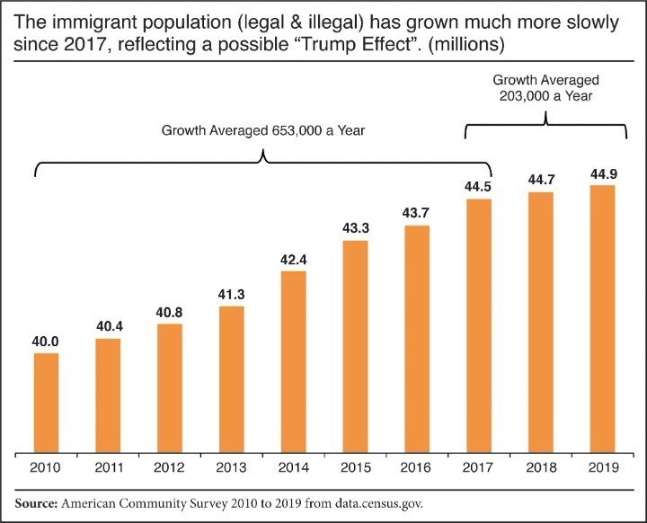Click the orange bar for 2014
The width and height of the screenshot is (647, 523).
[294, 360]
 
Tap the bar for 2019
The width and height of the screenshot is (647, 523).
[603, 318]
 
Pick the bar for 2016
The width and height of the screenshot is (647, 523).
[417, 338]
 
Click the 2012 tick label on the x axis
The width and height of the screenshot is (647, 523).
[170, 468]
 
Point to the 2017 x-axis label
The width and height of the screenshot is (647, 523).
[479, 468]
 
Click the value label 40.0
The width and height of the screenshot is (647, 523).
[47, 341]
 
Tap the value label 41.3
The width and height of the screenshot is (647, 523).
[232, 295]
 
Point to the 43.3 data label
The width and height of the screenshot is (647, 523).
[356, 229]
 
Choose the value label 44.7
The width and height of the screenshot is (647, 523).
[541, 180]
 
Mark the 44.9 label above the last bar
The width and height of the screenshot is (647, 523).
[603, 173]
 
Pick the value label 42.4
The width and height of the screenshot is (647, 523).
[294, 260]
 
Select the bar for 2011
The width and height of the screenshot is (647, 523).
[109, 394]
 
